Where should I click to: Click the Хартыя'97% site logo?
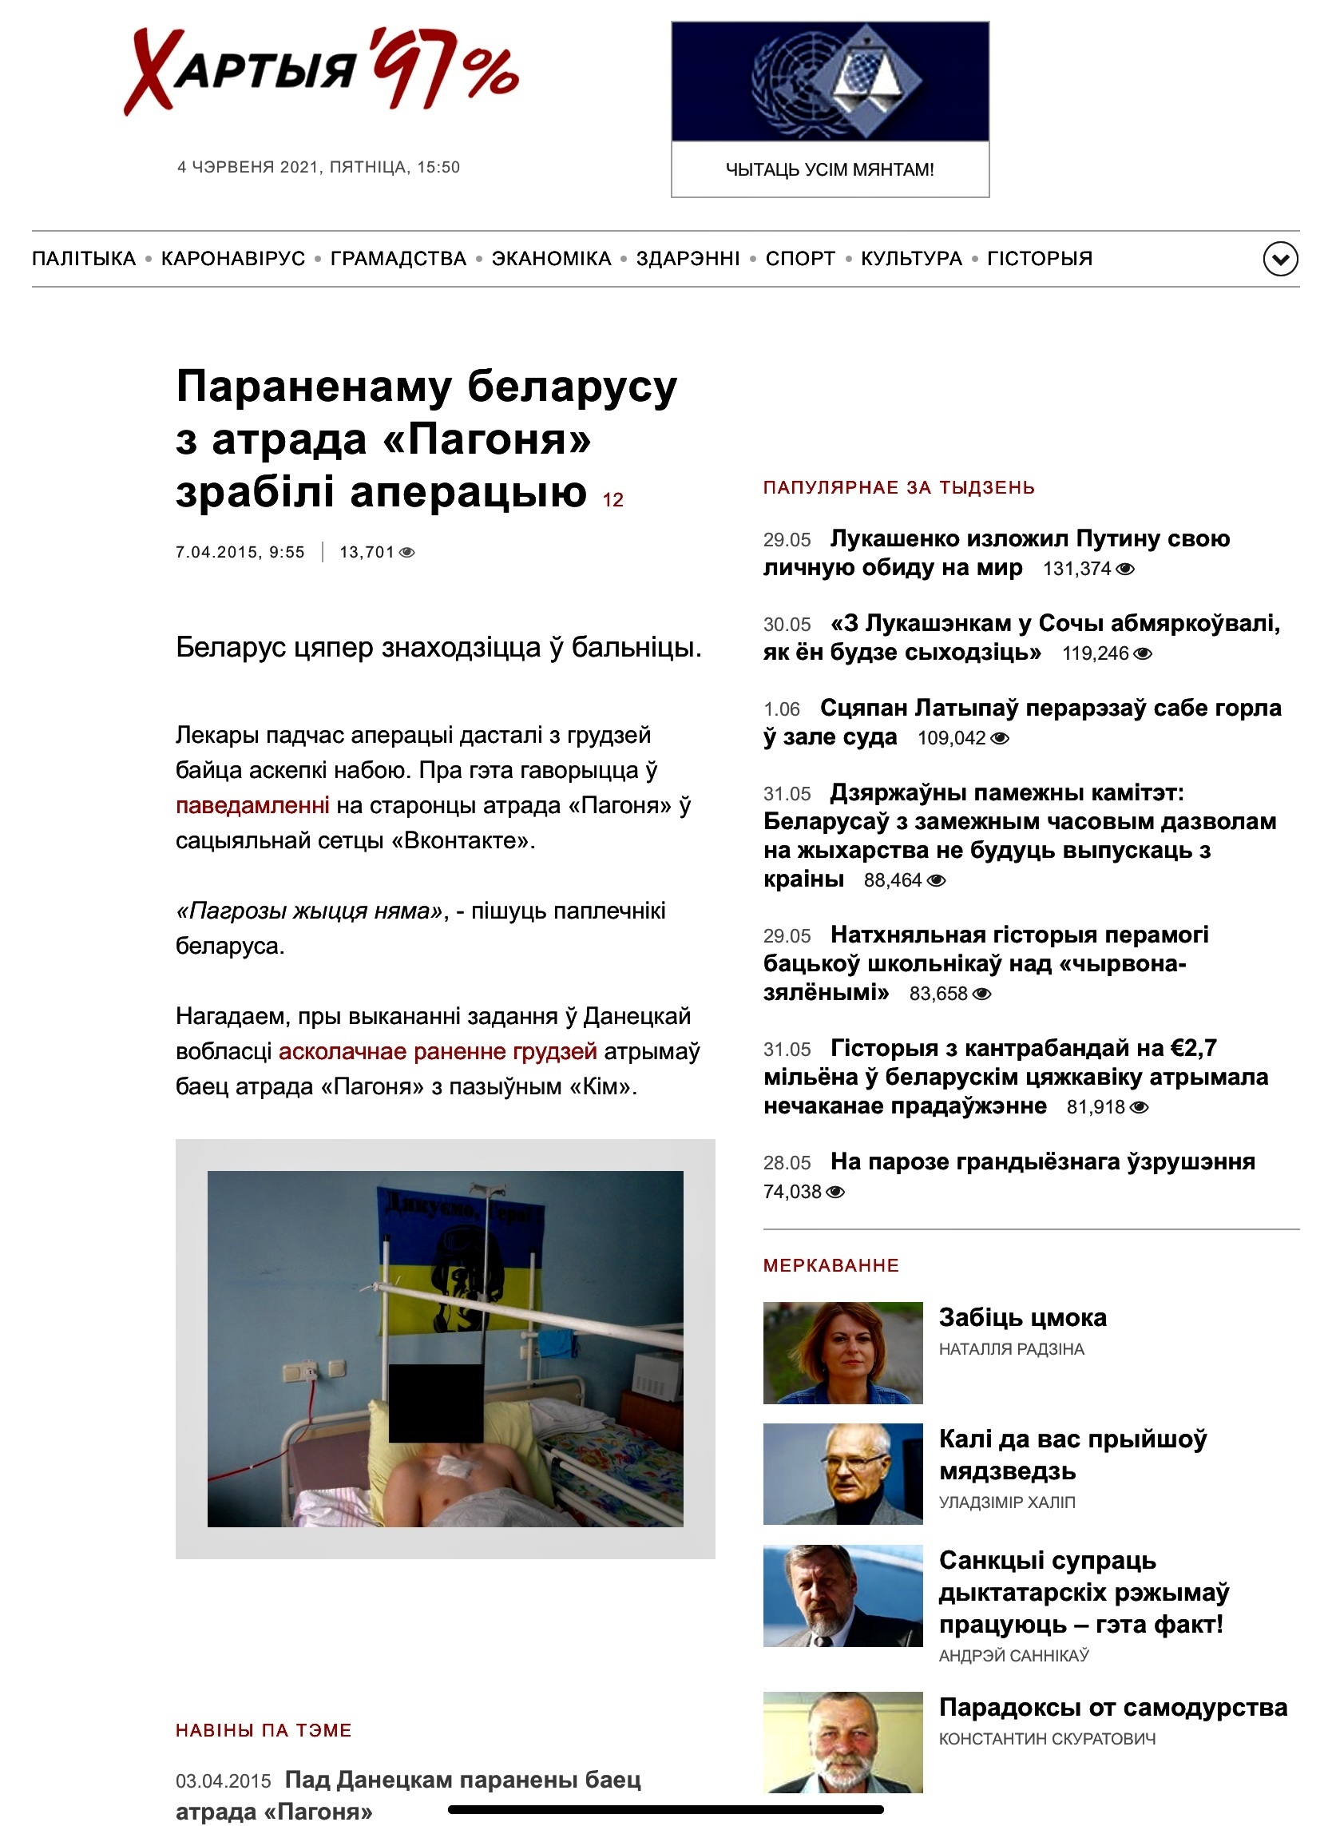point(321,70)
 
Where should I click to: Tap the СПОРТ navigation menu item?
point(800,258)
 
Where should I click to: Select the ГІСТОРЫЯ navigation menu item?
point(1039,258)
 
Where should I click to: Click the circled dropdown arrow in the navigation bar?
point(1279,259)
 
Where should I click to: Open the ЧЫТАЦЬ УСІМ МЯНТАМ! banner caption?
point(830,169)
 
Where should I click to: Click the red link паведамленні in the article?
point(252,805)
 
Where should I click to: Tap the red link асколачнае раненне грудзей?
point(438,1051)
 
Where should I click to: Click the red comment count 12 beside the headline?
point(612,500)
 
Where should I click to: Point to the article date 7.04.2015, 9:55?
point(240,553)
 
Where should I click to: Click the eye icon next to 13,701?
point(407,553)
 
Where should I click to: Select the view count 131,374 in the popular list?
point(1077,569)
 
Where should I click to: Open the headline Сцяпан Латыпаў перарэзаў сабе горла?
point(1050,709)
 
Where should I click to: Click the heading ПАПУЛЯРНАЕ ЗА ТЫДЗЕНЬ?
point(899,487)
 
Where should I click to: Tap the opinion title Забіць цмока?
point(1022,1317)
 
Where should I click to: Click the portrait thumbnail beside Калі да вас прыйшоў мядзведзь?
point(842,1474)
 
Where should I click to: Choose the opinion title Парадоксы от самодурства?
point(1112,1708)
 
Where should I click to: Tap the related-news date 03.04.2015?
point(224,1780)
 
